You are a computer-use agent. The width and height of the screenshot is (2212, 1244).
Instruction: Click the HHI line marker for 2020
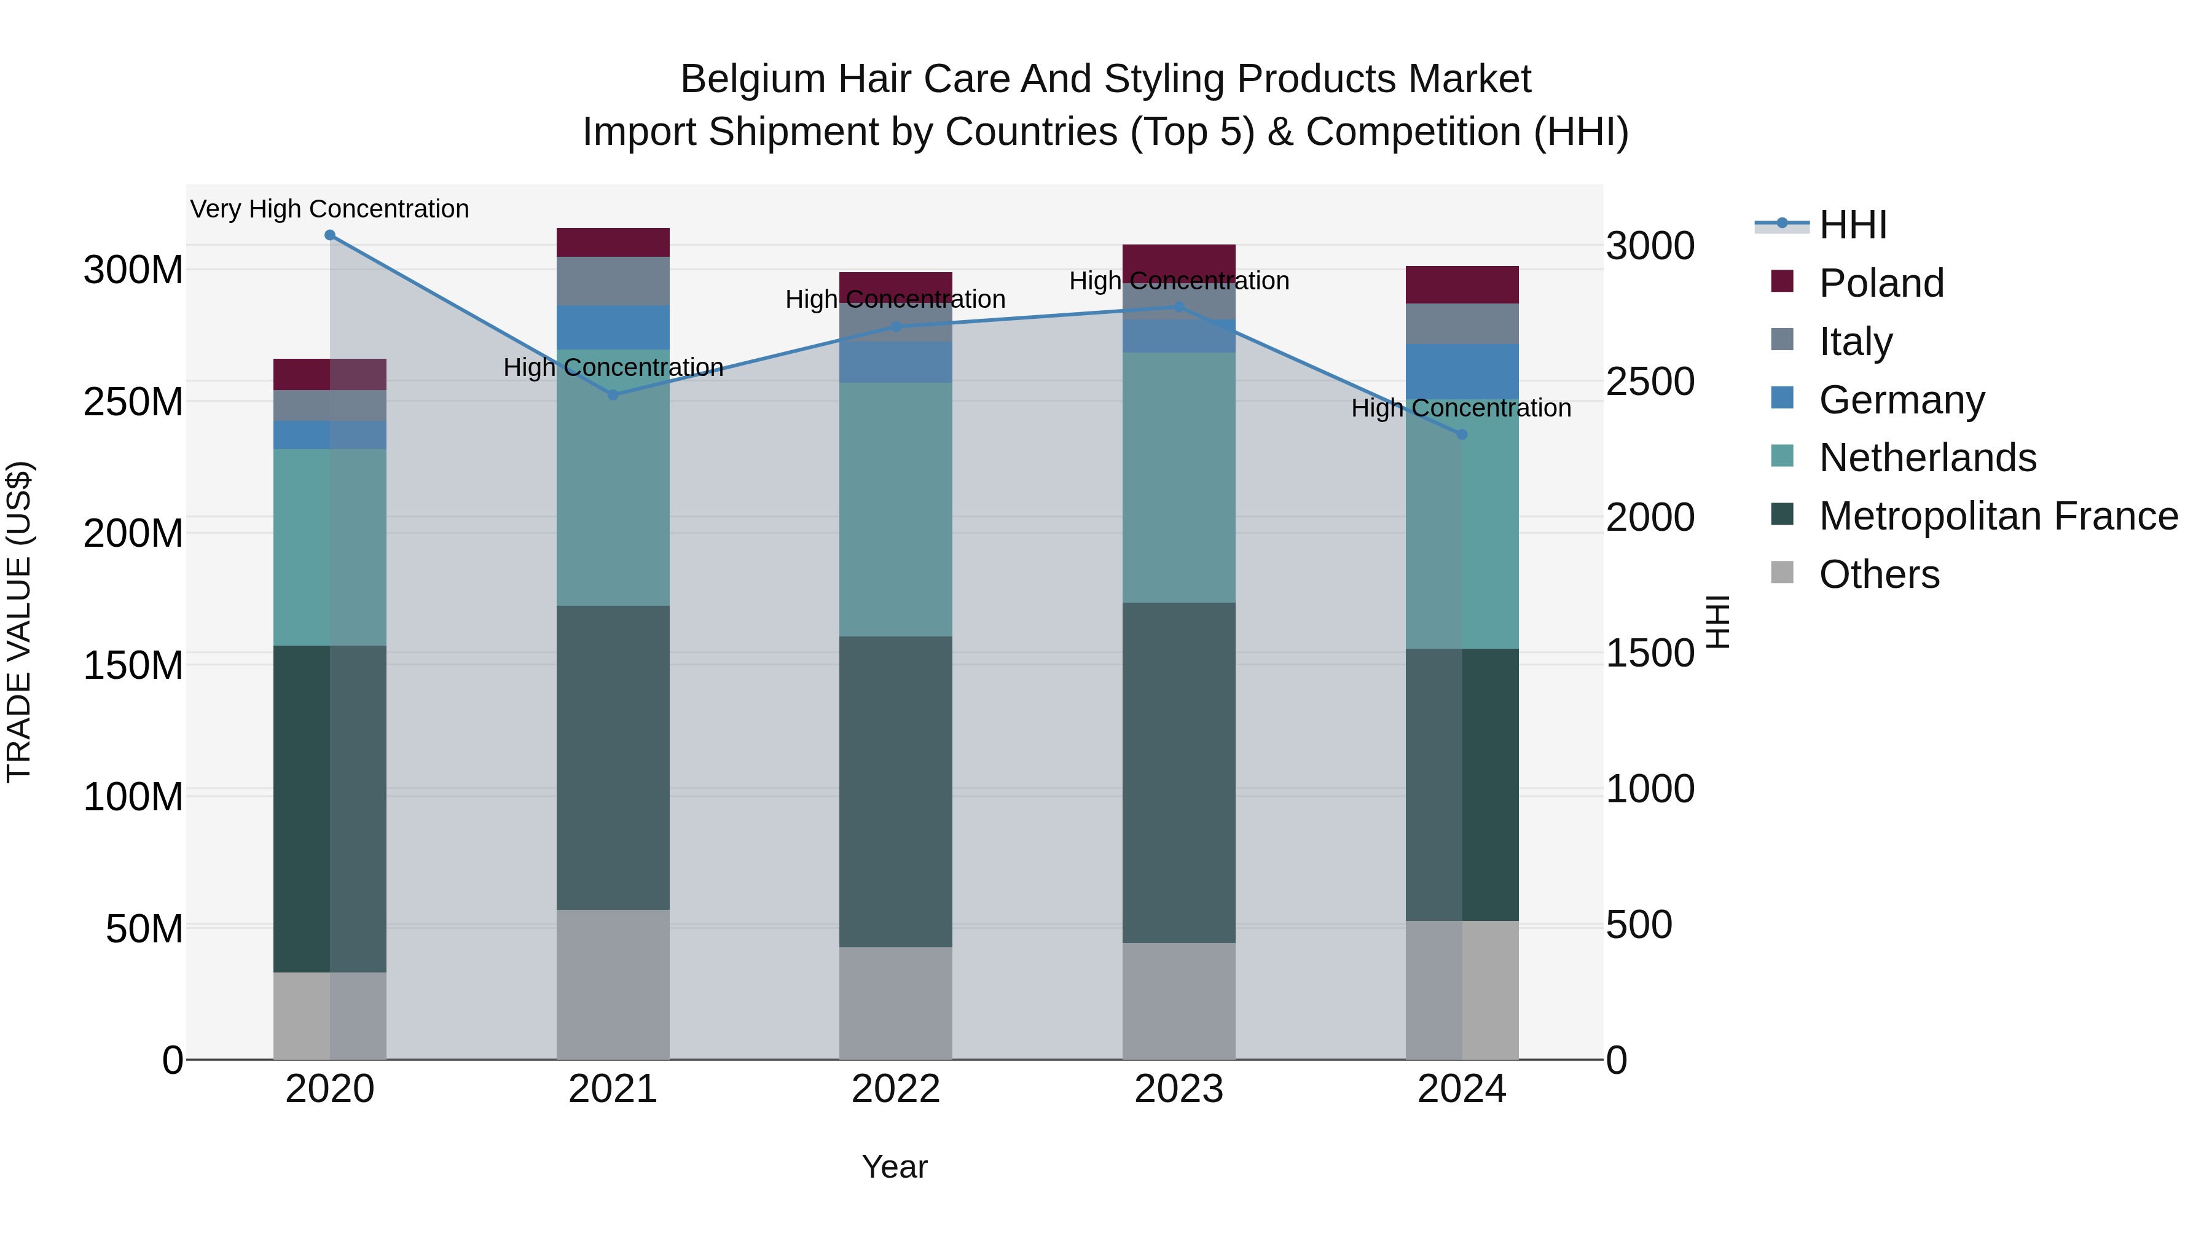330,235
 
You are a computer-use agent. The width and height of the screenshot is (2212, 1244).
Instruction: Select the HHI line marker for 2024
1462,434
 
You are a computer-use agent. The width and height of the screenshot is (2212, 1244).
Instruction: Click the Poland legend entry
1881,283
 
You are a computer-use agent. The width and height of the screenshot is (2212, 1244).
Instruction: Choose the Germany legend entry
1901,400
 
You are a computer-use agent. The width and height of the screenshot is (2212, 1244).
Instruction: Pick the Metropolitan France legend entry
1998,516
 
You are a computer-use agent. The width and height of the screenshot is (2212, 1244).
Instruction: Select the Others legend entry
1879,574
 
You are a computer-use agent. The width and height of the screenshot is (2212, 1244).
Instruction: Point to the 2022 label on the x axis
896,1089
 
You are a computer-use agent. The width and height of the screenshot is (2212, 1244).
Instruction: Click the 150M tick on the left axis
133,665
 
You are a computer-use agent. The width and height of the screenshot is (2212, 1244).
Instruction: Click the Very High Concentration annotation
330,209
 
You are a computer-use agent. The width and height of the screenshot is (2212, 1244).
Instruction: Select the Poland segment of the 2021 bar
613,242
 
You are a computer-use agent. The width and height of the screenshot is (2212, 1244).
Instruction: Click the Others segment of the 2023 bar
1179,1001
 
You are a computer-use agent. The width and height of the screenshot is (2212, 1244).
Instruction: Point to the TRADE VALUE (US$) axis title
19,622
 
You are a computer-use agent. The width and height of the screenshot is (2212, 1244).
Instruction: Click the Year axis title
895,1167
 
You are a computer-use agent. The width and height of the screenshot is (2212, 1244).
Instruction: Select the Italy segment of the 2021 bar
613,281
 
